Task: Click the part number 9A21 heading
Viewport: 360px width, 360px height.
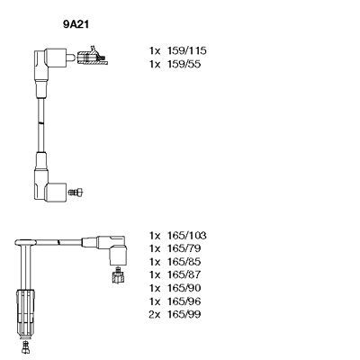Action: click(x=76, y=24)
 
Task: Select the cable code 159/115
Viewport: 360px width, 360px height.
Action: click(x=187, y=50)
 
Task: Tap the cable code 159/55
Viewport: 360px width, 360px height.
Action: click(x=184, y=64)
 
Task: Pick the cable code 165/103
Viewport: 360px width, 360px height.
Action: click(x=187, y=236)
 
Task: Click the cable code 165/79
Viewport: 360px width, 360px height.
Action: click(x=184, y=248)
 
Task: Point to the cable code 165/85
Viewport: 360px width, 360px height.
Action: click(x=184, y=262)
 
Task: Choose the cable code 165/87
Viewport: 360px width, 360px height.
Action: click(x=184, y=274)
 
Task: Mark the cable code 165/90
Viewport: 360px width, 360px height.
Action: click(x=184, y=288)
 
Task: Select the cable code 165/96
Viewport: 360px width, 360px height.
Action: click(x=184, y=301)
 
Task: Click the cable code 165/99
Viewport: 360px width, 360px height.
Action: click(x=184, y=314)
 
